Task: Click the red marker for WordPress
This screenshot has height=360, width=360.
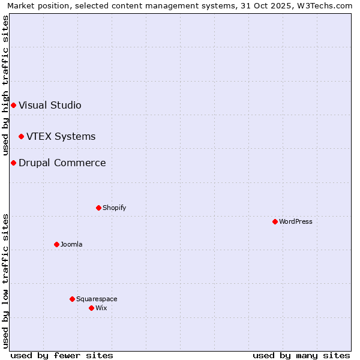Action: point(275,221)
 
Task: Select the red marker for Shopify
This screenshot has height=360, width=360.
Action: point(98,208)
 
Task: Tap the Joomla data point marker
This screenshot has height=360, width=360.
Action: point(56,244)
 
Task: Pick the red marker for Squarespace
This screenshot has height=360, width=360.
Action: point(72,299)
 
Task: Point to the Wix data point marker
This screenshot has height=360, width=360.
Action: point(91,308)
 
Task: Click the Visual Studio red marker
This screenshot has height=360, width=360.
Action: point(13,105)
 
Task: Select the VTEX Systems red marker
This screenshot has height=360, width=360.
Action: point(21,136)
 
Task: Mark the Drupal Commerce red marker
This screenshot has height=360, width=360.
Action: point(13,163)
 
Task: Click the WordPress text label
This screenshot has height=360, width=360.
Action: point(296,221)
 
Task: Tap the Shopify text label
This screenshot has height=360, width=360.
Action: point(114,208)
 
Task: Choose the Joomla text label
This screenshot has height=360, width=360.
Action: point(71,244)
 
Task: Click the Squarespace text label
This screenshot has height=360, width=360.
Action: point(97,299)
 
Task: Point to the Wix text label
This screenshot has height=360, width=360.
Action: point(101,308)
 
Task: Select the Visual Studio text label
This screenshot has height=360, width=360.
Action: point(50,105)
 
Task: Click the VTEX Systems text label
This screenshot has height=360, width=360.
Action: point(61,136)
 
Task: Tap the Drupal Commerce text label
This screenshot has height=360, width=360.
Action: point(62,163)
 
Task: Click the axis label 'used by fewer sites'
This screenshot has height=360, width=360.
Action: point(62,355)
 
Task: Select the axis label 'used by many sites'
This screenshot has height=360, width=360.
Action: point(301,355)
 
